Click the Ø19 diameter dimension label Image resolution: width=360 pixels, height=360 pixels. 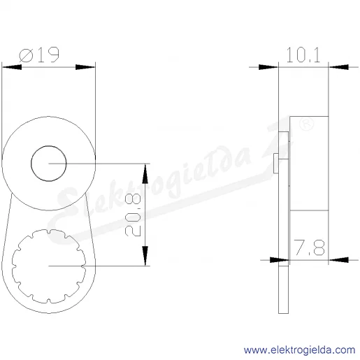(39, 55)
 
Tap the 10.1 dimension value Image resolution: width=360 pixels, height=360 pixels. (303, 55)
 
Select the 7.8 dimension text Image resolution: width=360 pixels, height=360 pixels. (309, 247)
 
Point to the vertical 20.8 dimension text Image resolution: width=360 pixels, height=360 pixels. (133, 215)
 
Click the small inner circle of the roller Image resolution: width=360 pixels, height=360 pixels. (49, 164)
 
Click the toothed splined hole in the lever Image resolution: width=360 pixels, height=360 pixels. (49, 266)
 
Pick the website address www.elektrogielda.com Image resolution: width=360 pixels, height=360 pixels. (299, 350)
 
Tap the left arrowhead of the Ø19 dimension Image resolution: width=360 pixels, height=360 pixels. (12, 67)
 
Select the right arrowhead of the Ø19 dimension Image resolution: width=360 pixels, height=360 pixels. (85, 67)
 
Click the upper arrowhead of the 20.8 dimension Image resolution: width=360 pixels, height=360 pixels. (145, 173)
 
